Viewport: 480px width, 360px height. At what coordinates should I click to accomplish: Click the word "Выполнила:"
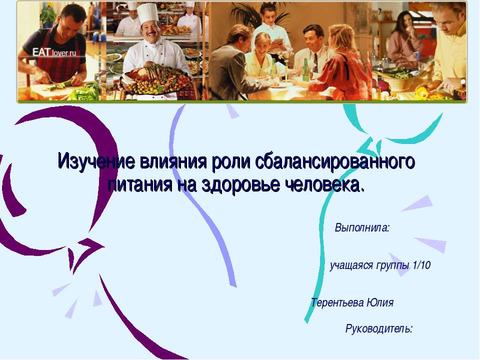362,228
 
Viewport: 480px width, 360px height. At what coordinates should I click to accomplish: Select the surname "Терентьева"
337,302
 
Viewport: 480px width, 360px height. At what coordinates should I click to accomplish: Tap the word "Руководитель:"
379,329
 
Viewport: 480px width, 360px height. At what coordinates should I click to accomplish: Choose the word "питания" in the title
139,184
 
